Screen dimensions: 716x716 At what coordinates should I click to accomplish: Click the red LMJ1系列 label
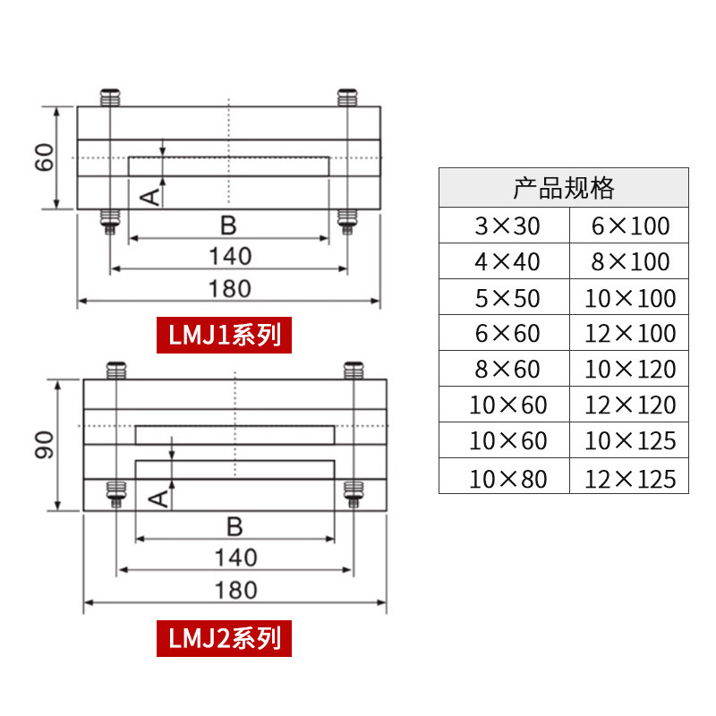[225, 335]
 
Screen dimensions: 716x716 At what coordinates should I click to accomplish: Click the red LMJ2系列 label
[225, 638]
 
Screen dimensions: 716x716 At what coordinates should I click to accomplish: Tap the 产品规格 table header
[563, 188]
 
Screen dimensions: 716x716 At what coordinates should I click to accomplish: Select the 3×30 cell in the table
[507, 226]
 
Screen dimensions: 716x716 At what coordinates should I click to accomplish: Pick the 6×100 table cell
[630, 226]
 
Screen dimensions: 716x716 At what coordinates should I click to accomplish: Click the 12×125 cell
[630, 478]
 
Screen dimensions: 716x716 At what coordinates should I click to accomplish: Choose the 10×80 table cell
[507, 478]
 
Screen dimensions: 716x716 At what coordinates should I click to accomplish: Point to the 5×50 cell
[507, 298]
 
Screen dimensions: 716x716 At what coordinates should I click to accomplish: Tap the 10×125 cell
[630, 441]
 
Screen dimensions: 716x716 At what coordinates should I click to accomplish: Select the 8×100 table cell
[630, 261]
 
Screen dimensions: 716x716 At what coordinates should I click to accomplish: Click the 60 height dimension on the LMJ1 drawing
[47, 158]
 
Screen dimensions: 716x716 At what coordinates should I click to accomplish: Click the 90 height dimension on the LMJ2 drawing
[47, 445]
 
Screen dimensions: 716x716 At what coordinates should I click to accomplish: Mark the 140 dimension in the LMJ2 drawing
[236, 558]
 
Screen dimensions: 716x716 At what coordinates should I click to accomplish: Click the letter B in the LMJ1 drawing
[228, 224]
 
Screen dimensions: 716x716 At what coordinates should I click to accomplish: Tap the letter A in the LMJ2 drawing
[159, 498]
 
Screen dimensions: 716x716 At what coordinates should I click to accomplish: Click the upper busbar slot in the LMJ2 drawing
[234, 435]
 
